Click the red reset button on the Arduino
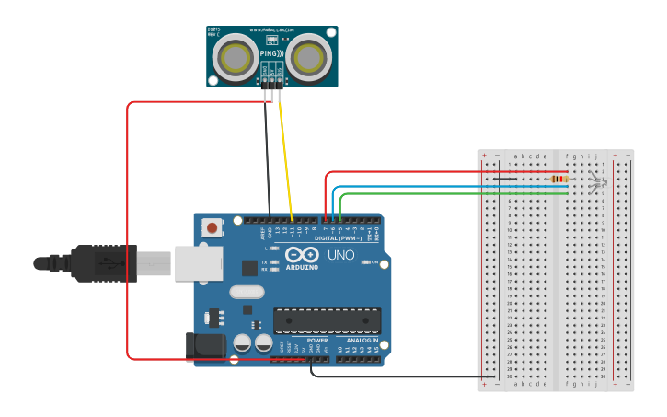click(213, 227)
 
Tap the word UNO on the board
click(340, 255)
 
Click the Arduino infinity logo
click(302, 255)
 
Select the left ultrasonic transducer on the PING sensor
click(236, 58)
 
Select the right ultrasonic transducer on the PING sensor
click(308, 58)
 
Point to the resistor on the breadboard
click(558, 179)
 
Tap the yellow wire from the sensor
click(285, 156)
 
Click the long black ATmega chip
click(327, 320)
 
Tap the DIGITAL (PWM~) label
click(339, 237)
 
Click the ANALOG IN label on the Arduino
click(362, 340)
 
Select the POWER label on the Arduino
click(316, 340)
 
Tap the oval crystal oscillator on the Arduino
click(247, 292)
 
